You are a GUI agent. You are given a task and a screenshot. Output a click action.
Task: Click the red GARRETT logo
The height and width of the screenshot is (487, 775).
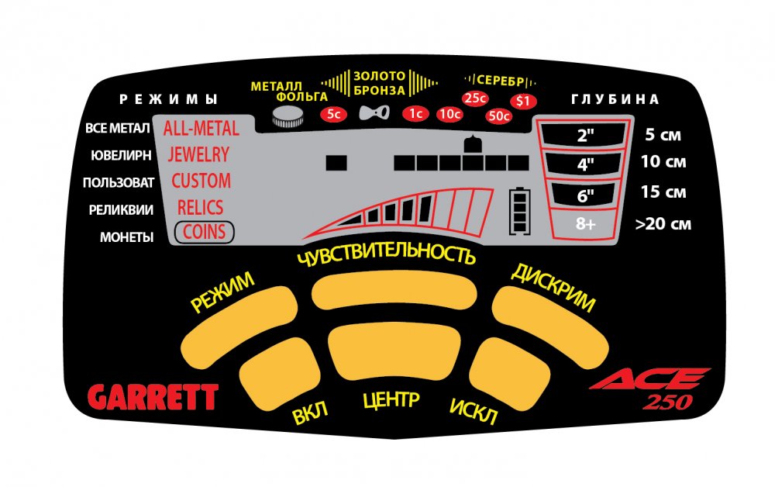coord(153,396)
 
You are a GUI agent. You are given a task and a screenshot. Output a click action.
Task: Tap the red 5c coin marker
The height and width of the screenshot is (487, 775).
coord(334,114)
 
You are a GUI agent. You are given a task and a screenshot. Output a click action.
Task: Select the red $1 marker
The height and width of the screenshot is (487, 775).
coord(523,101)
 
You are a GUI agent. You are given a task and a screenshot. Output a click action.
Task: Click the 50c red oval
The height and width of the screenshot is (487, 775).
coord(498,116)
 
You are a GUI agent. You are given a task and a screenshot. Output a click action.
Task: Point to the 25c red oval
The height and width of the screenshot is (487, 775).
coord(475,98)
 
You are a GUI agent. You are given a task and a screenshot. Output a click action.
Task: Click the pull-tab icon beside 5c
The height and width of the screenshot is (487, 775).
coord(374,113)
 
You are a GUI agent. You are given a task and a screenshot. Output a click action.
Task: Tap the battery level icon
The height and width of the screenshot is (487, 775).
coord(519,210)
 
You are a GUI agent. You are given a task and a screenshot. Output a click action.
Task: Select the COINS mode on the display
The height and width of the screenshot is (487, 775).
coord(204,232)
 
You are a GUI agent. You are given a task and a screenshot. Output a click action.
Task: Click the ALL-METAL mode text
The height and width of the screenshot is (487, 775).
coord(201,129)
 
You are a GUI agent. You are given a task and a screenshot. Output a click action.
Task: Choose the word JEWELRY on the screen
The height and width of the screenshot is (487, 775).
coord(198,155)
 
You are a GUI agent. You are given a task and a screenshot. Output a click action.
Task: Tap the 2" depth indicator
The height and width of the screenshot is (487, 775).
coord(584,134)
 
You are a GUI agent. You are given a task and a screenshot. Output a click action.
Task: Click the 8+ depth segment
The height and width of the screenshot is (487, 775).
coord(584,223)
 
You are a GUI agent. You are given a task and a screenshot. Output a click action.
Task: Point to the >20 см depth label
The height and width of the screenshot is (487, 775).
coord(663,224)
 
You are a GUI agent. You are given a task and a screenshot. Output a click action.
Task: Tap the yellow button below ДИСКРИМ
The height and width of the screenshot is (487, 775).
coord(550,326)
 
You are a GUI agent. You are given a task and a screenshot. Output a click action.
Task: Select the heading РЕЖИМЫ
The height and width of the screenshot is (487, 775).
coord(168,99)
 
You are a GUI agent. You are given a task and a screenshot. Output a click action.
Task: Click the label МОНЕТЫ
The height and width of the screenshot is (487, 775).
coord(126,237)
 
